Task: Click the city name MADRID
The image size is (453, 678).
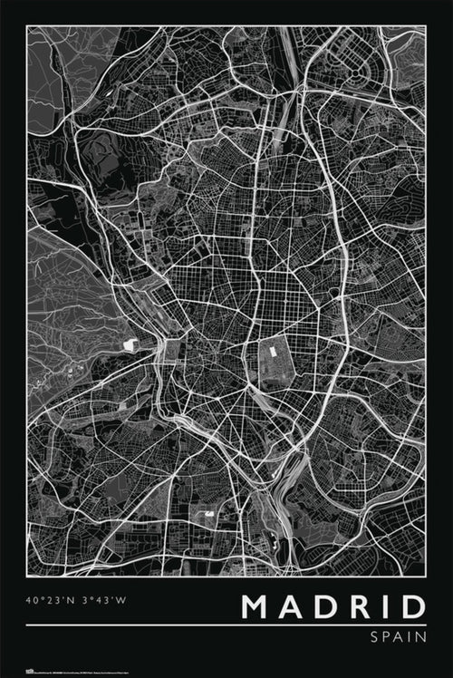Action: tap(333, 607)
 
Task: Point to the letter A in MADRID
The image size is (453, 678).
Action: tap(293, 607)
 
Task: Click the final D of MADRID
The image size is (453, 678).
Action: tap(411, 607)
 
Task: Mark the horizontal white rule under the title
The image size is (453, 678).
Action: tap(226, 625)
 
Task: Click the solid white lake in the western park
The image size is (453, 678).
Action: tap(130, 345)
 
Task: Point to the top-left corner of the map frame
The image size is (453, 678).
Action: tap(27, 26)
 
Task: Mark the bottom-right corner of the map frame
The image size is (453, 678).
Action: tap(425, 575)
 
